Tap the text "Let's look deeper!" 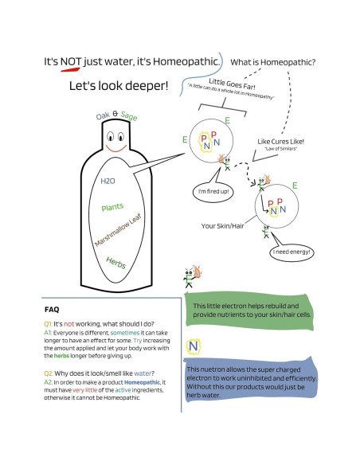(118, 84)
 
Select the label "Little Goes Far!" (232, 88)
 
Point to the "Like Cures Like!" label (280, 141)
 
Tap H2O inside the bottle (108, 182)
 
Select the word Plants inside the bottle (112, 207)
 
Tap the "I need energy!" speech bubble (290, 252)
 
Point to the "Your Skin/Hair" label (223, 225)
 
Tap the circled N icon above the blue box (194, 346)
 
